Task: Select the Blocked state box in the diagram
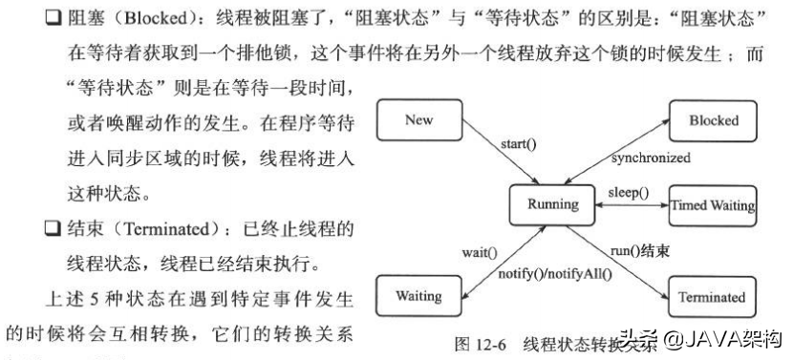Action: pyautogui.click(x=713, y=121)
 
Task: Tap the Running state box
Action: pyautogui.click(x=552, y=204)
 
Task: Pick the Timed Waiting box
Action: pyautogui.click(x=713, y=205)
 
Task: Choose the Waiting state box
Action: pyautogui.click(x=418, y=295)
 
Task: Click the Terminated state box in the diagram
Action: pyautogui.click(x=712, y=296)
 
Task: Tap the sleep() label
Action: pyautogui.click(x=628, y=193)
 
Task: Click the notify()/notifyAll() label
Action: pyautogui.click(x=554, y=274)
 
